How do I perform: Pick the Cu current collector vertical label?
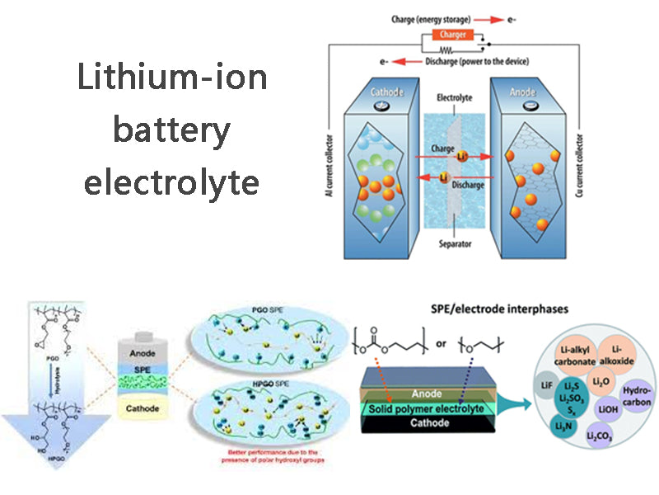587,157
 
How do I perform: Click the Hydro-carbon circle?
637,395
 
